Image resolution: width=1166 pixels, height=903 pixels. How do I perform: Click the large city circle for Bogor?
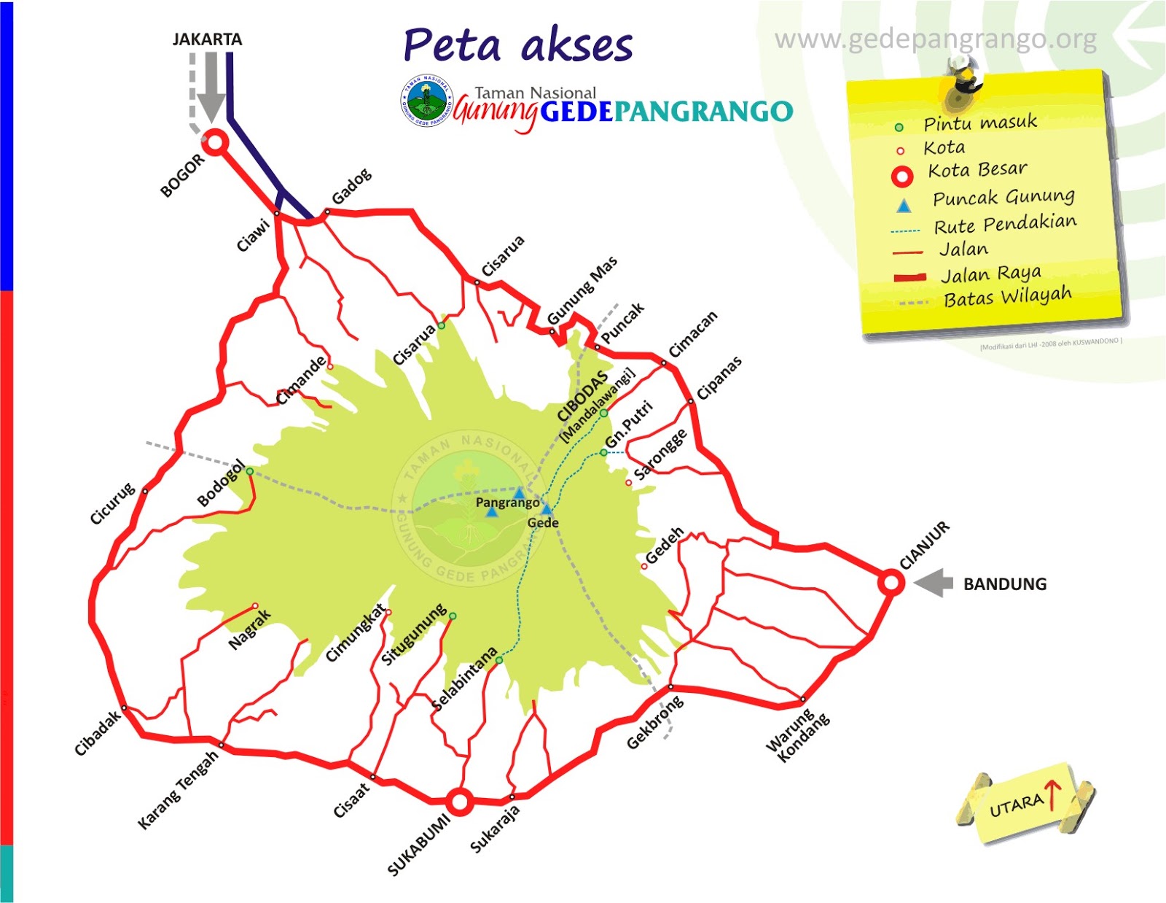pos(215,143)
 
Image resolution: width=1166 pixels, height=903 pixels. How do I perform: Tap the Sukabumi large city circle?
pos(459,802)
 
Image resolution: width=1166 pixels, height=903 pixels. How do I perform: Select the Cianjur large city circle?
pos(891,583)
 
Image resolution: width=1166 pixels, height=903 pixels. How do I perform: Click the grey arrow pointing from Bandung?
pos(934,583)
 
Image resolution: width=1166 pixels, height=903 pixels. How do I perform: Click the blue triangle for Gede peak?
pos(547,508)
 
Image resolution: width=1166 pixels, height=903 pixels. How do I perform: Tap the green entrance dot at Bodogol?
pos(250,471)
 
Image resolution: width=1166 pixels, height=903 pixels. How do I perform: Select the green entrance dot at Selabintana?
pos(499,660)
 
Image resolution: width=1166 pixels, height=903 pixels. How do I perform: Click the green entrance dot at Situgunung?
pos(453,616)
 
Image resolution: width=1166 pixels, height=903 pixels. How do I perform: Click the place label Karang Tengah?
pos(179,789)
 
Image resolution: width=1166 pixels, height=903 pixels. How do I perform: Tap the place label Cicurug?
pos(112,503)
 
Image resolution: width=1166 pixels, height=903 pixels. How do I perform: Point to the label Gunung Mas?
pos(582,290)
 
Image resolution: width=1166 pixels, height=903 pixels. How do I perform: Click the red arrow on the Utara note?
pos(1052,794)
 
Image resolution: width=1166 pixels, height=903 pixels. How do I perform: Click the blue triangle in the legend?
pos(904,206)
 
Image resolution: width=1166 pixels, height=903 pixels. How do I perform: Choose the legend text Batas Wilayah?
pos(1007,297)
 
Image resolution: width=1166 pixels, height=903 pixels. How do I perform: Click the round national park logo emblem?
pos(426,101)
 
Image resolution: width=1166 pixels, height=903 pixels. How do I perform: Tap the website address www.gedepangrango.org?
pos(935,39)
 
